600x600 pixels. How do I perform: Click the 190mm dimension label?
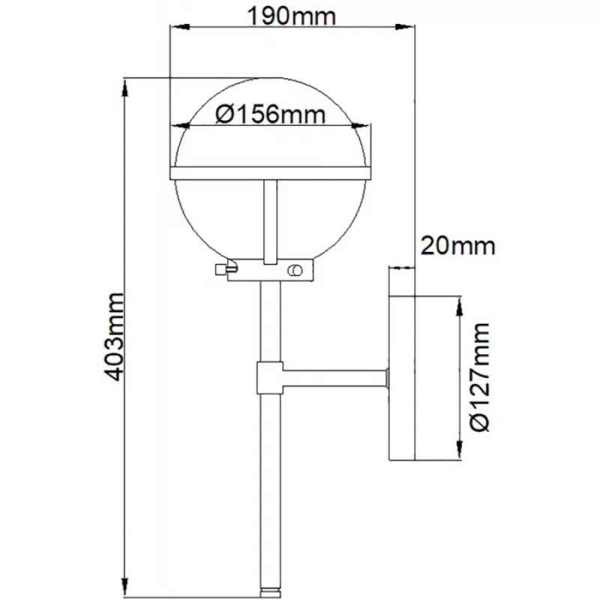pos(292,16)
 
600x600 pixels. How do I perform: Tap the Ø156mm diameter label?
pos(270,114)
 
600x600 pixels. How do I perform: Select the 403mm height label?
pos(114,337)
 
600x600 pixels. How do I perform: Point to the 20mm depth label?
pos(457,246)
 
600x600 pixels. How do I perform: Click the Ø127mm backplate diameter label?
pos(480,377)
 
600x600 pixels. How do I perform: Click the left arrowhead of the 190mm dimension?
pos(180,27)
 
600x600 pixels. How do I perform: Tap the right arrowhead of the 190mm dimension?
pos(404,27)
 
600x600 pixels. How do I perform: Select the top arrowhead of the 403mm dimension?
pos(124,88)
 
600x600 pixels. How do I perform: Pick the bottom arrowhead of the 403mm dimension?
pos(124,586)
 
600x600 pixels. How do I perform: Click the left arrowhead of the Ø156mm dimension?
pos(181,125)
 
